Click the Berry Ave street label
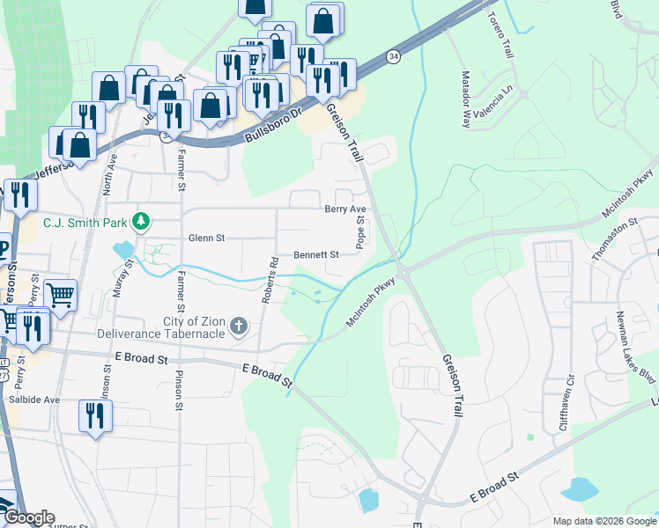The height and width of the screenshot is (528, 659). [x=344, y=209]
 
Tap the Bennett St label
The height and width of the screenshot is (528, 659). [x=316, y=254]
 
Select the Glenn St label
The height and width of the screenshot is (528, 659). [x=207, y=238]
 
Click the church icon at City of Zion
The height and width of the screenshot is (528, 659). [x=237, y=327]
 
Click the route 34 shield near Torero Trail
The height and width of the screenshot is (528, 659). [x=392, y=57]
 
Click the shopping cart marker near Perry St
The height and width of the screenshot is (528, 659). [x=60, y=296]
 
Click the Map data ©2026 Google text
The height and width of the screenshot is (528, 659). [x=603, y=521]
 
